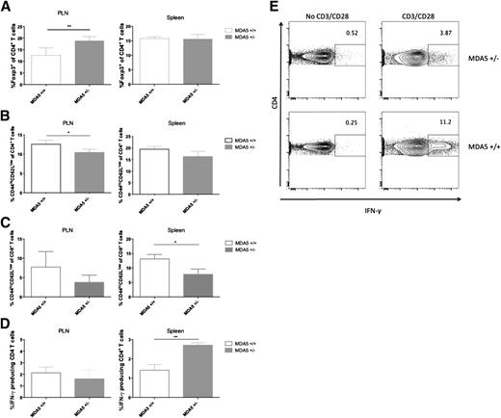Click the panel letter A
tap(6, 8)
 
